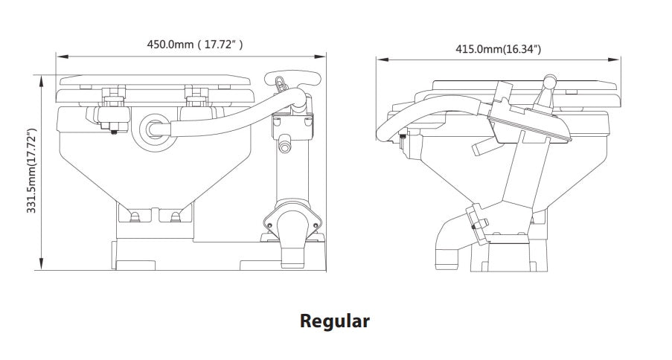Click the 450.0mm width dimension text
click(194, 45)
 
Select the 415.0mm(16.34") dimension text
click(498, 49)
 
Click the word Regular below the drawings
click(334, 321)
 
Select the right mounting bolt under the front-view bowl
click(176, 216)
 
